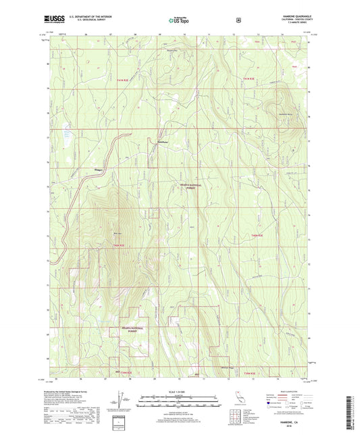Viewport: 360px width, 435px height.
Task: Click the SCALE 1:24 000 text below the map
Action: pos(179,393)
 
